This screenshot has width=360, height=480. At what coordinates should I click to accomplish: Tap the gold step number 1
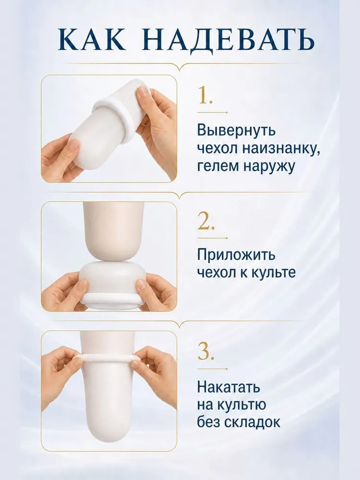pos(205,95)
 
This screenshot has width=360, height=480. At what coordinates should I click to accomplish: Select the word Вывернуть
pos(237,130)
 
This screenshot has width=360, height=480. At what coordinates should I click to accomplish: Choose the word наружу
pos(269,168)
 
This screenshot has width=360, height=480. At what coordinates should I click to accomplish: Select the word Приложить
pos(236,255)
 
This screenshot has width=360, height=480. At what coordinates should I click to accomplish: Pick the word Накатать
pos(228,387)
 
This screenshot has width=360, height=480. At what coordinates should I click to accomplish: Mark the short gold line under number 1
pos(213,112)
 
